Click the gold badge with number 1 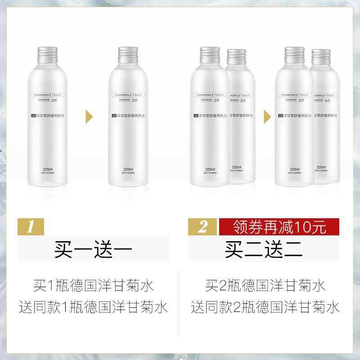tap(31, 227)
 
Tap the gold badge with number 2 tap(203, 227)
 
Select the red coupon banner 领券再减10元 tap(279, 227)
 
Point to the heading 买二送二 tap(264, 249)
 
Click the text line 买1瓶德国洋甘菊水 tap(94, 285)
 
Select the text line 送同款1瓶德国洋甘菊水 tap(94, 308)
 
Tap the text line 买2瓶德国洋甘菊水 tap(265, 285)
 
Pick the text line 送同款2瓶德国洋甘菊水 tap(265, 308)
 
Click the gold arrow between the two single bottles tap(90, 118)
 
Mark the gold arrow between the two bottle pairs tap(267, 118)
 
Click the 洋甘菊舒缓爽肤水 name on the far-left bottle tap(50, 116)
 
